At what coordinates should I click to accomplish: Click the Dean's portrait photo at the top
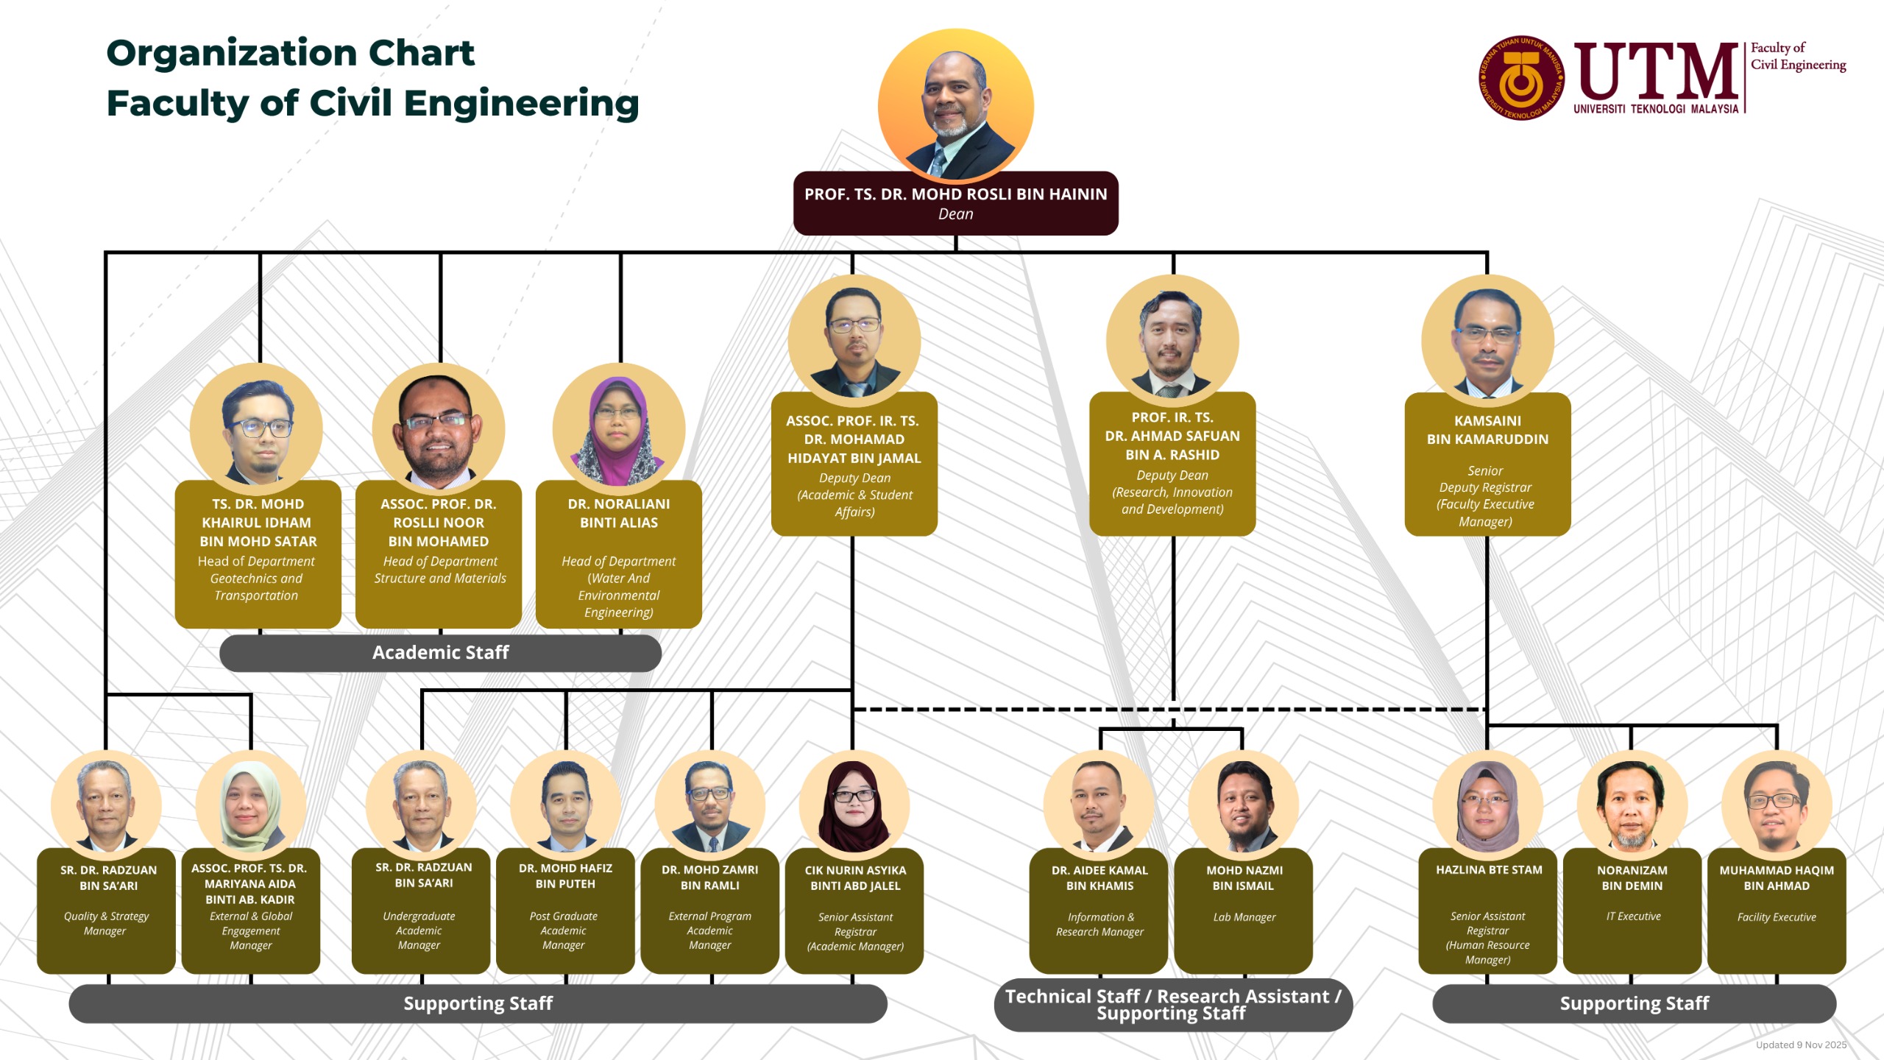coord(955,105)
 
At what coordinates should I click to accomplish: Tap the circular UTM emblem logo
coord(1520,78)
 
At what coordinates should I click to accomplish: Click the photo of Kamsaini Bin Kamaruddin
coord(1487,341)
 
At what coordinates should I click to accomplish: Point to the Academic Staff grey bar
coord(440,653)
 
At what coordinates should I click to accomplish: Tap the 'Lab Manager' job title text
coord(1244,917)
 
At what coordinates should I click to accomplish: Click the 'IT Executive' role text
coord(1633,916)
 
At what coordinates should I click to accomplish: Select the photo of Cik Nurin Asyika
coord(854,806)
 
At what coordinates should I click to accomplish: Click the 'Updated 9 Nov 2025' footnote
coord(1800,1045)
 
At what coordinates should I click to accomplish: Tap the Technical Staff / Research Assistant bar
coord(1172,1005)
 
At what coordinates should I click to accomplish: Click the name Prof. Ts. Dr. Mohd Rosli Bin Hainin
coord(955,194)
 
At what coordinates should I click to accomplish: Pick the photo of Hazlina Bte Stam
coord(1487,806)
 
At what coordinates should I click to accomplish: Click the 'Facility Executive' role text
coord(1776,917)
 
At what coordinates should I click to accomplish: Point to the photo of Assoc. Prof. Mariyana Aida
coord(250,806)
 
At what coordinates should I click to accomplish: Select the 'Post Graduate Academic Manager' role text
coord(564,930)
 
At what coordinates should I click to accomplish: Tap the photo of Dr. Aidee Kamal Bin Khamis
coord(1099,806)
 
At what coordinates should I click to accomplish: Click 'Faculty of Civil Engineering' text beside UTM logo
coord(1797,57)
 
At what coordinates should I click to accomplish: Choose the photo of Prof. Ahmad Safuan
coord(1172,341)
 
